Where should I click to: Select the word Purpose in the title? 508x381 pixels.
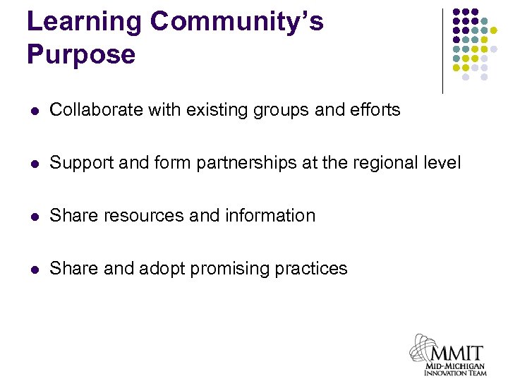(81, 54)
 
